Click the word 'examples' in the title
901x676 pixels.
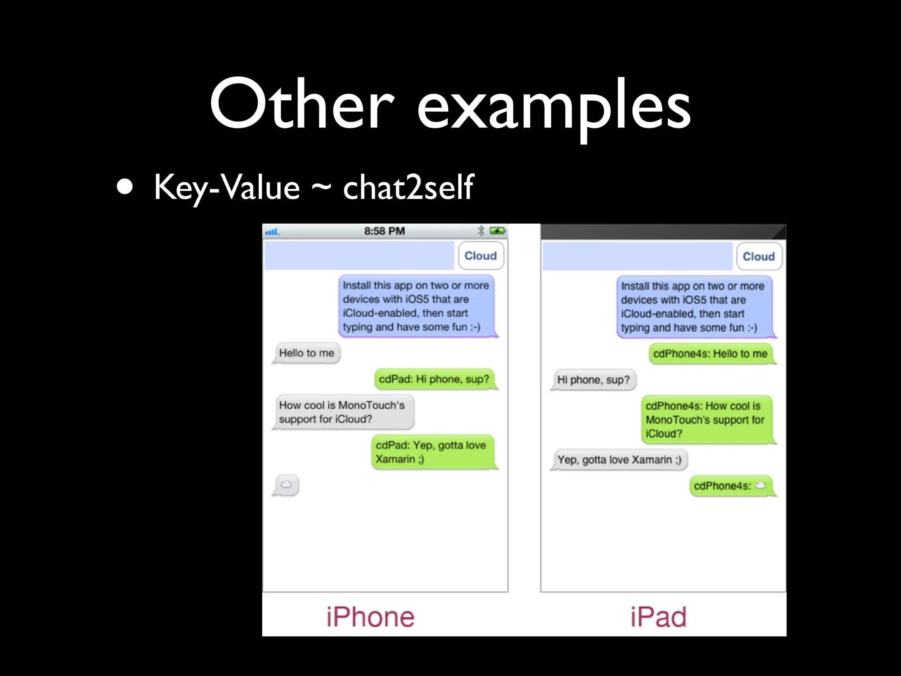click(554, 108)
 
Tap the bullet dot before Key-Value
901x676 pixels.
click(125, 187)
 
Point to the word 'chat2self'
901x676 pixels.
click(408, 187)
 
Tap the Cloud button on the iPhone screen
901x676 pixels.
click(480, 256)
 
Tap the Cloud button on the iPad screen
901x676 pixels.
click(759, 257)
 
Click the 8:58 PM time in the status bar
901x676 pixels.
click(384, 231)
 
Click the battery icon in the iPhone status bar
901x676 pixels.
click(498, 231)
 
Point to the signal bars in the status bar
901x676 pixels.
click(272, 231)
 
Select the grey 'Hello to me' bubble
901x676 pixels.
click(307, 353)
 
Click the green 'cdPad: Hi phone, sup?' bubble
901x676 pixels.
click(434, 379)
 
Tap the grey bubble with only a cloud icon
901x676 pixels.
click(286, 485)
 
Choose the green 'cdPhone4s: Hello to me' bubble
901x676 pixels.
click(710, 354)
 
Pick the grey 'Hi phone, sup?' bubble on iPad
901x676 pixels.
click(593, 380)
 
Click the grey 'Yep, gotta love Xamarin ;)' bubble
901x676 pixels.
click(619, 460)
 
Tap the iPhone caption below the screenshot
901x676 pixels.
click(370, 617)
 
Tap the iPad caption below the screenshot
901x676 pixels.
click(658, 617)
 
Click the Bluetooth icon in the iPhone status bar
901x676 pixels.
click(481, 231)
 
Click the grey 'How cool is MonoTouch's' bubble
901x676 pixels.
click(342, 412)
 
